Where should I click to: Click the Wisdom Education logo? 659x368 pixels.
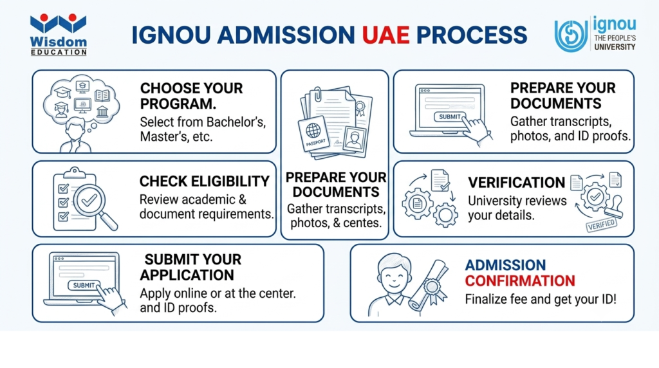[x=59, y=35]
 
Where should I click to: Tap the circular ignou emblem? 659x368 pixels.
[x=571, y=35]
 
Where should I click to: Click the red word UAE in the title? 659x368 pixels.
[x=385, y=35]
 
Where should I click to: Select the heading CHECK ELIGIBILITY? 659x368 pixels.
[x=204, y=181]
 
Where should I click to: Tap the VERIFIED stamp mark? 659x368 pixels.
[x=602, y=225]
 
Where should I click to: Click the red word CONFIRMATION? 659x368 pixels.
[x=520, y=281]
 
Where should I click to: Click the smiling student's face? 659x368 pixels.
[x=394, y=277]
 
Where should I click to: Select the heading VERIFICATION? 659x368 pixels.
[x=517, y=183]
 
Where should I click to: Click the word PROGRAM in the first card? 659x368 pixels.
[x=178, y=104]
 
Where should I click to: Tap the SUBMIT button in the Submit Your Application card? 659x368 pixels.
[x=84, y=286]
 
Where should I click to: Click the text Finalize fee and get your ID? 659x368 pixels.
[x=541, y=300]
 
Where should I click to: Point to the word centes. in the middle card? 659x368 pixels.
[x=362, y=223]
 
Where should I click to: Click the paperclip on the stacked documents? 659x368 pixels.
[x=317, y=93]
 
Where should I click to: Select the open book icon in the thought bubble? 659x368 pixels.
[x=102, y=95]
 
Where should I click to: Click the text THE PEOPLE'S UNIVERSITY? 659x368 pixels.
[x=615, y=42]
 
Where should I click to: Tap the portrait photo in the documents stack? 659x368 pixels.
[x=355, y=138]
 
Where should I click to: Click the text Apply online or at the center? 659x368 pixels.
[x=218, y=293]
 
